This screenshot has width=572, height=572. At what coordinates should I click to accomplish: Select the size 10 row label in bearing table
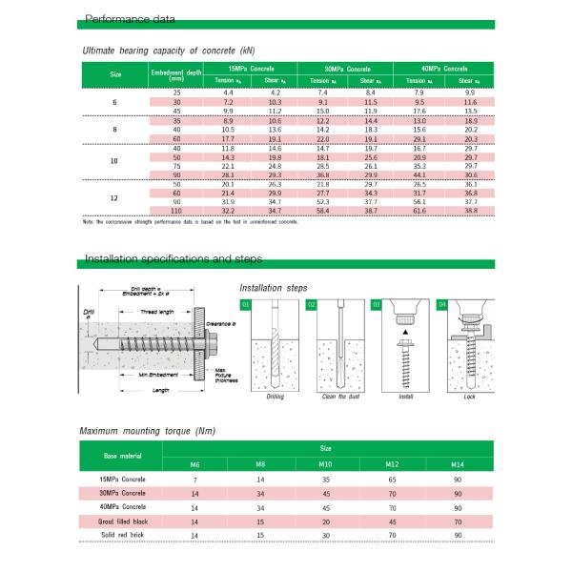(113, 161)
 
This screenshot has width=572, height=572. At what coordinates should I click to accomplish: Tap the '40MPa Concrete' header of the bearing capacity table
(443, 70)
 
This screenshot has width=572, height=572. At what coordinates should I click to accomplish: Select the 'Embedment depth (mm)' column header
(175, 75)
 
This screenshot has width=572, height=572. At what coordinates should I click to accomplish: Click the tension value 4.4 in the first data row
(227, 92)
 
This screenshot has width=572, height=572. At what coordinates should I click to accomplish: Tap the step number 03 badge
(377, 304)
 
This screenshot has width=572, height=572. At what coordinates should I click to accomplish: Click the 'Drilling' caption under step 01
(275, 396)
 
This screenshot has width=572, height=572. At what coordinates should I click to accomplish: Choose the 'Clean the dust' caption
(340, 396)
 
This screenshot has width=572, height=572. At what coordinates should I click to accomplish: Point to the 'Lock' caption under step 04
(469, 396)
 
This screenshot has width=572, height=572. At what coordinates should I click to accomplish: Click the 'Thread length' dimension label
(157, 312)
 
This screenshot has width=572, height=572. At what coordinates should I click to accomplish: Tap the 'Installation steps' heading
(274, 287)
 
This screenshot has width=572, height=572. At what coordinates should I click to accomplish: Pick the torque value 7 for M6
(194, 480)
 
